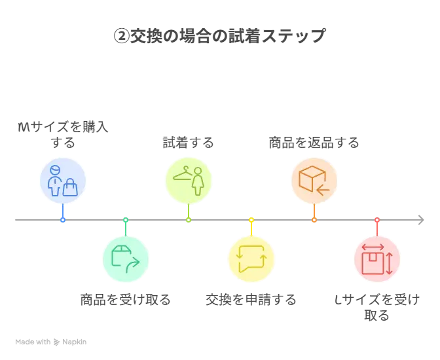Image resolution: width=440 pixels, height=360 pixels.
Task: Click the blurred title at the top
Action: click(x=219, y=37)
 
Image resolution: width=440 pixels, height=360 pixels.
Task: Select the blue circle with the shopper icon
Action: click(x=62, y=181)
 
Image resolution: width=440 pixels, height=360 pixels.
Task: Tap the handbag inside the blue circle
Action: click(x=70, y=188)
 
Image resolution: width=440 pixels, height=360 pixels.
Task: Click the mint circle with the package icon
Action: click(x=125, y=259)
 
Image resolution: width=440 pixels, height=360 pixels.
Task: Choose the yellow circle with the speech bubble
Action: click(x=251, y=259)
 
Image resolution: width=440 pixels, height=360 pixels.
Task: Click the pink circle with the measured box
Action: click(x=377, y=259)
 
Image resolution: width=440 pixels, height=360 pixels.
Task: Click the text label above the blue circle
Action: click(x=62, y=130)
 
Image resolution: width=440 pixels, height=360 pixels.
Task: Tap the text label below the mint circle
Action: click(x=125, y=301)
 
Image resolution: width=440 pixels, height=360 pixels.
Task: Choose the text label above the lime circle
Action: click(x=189, y=143)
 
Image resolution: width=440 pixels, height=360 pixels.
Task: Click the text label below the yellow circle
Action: click(x=251, y=301)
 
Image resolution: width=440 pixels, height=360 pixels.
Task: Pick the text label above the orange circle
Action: click(x=314, y=143)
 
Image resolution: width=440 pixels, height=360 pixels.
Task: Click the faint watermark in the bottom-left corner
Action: click(x=52, y=340)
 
